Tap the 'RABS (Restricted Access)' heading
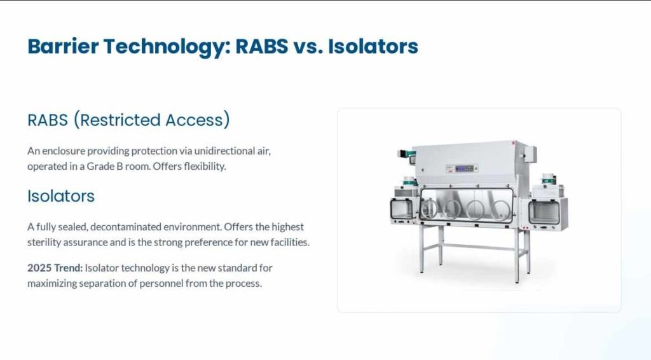(x=128, y=120)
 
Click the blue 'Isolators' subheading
(x=61, y=196)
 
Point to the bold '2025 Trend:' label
(x=55, y=268)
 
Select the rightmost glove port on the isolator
(x=502, y=209)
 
